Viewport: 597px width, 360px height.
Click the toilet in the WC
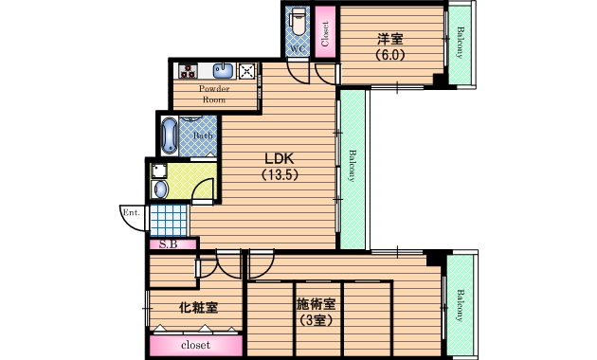[x=298, y=23]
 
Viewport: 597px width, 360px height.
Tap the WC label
[x=298, y=48]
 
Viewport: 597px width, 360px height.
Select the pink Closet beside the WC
[x=325, y=31]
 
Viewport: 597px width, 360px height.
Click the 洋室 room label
[x=390, y=39]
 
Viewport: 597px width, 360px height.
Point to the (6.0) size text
[x=390, y=55]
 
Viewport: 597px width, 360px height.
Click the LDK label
[x=280, y=158]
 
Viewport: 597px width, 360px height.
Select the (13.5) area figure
[x=280, y=174]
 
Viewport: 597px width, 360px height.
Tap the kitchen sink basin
[x=223, y=71]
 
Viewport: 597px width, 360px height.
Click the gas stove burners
[x=188, y=71]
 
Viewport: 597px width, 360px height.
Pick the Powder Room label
[x=214, y=94]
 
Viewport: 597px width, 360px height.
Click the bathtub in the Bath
[x=170, y=135]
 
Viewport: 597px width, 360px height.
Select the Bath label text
[x=203, y=135]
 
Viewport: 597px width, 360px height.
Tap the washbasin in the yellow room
[x=160, y=189]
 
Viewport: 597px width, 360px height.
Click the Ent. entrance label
[x=131, y=212]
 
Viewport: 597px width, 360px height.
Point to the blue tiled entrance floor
[x=169, y=221]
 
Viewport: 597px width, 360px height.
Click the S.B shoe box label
[x=168, y=244]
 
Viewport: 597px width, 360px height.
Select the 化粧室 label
[x=198, y=308]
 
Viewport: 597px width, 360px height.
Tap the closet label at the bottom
[x=196, y=345]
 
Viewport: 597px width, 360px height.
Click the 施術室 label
[x=316, y=304]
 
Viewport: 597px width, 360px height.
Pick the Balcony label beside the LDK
[x=353, y=166]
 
